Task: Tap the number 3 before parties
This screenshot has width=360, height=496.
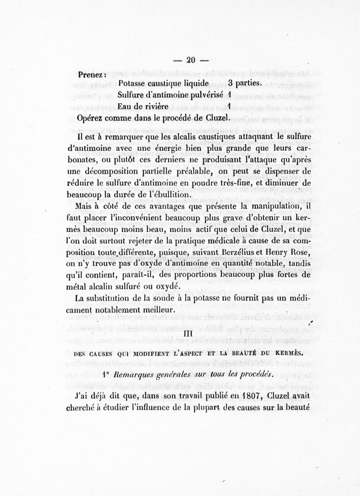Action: (x=230, y=83)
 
